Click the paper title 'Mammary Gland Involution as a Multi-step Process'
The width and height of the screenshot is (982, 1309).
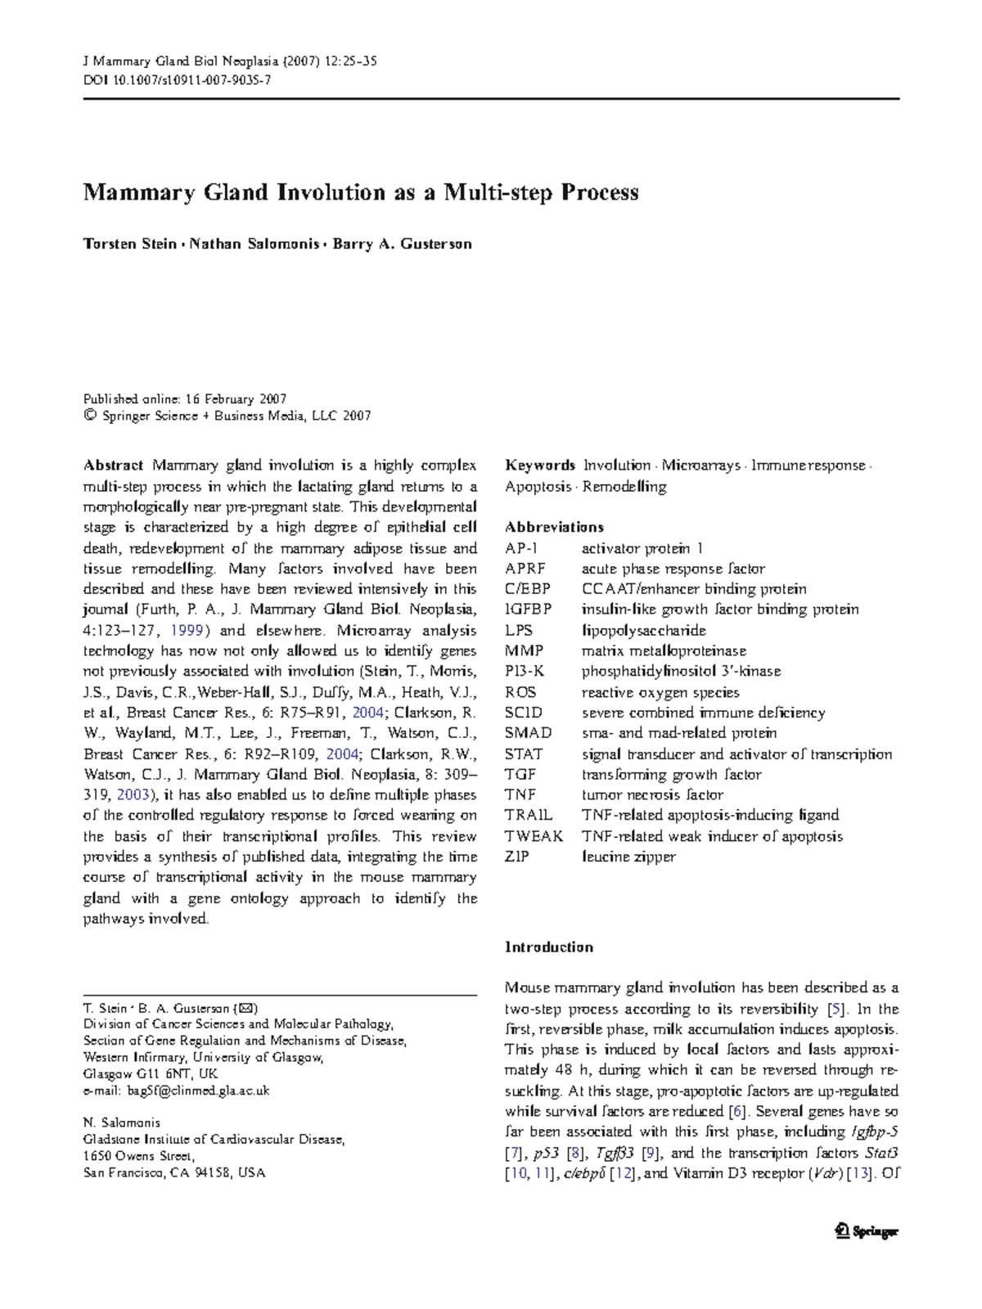tap(360, 193)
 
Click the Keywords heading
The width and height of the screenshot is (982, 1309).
tap(540, 466)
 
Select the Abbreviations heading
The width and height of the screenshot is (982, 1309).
tap(554, 527)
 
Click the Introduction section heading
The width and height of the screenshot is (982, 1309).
tap(548, 947)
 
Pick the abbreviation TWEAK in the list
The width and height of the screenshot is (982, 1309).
tap(534, 836)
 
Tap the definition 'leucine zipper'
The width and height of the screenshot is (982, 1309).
tap(628, 857)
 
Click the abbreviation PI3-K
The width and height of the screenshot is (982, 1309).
tap(524, 671)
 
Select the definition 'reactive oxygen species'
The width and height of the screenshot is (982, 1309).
tap(660, 692)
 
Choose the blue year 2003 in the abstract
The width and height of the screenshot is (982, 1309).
tap(133, 794)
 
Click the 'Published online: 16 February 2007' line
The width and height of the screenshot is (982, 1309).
tap(185, 399)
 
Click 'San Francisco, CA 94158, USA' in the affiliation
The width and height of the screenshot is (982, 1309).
tap(174, 1172)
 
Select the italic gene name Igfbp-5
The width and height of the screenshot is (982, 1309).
tap(875, 1131)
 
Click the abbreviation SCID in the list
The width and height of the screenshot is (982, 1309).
tap(523, 713)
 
